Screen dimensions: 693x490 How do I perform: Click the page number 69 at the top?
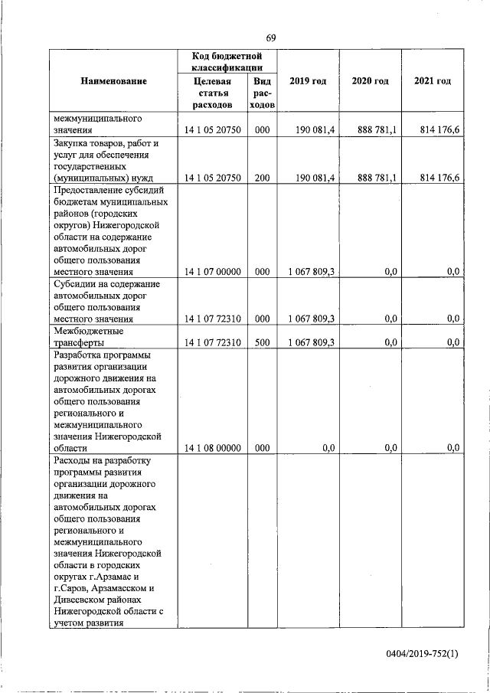click(x=271, y=38)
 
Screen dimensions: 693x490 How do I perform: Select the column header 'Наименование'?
click(x=113, y=81)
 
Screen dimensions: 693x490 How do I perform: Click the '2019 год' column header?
click(x=309, y=81)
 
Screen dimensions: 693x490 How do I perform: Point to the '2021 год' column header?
click(x=432, y=81)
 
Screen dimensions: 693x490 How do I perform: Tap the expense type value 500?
click(x=262, y=342)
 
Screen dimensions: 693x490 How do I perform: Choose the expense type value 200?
click(x=262, y=178)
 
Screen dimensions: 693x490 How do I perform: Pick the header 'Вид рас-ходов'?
click(x=262, y=93)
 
